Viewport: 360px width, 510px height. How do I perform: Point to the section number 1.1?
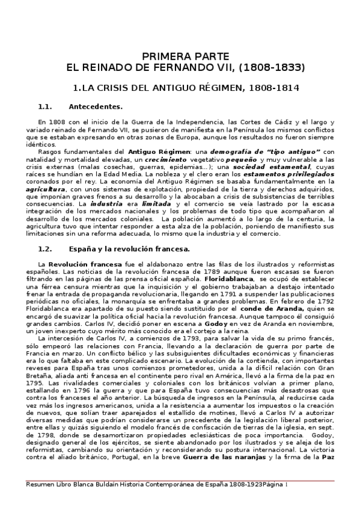pos(46,107)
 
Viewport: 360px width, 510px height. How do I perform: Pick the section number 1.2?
pos(46,248)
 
